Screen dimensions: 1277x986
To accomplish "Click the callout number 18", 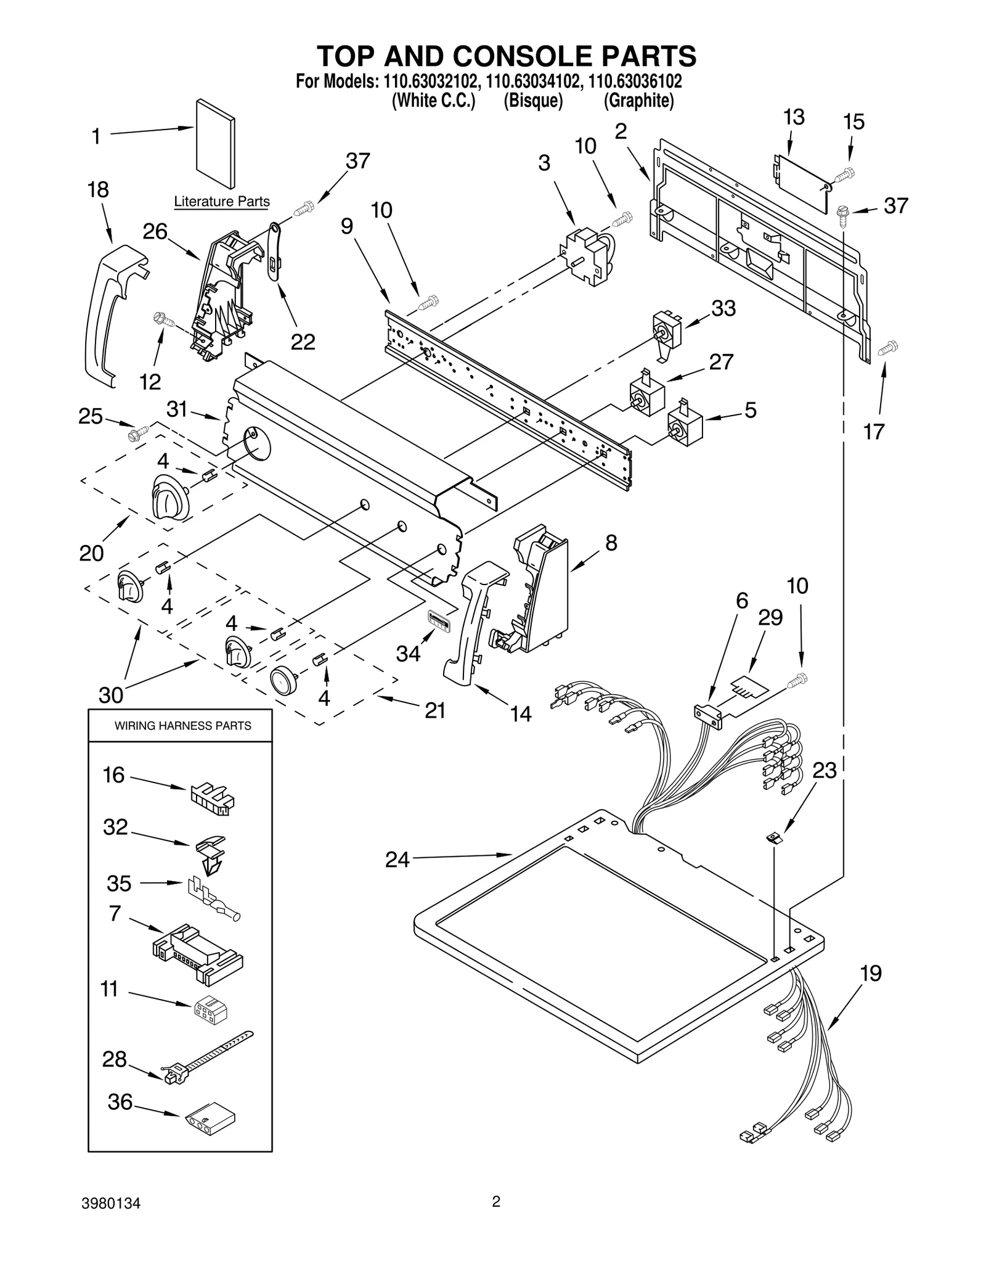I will pos(98,190).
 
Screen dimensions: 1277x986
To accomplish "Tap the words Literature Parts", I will pos(221,202).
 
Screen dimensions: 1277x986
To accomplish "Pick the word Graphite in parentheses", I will pos(638,101).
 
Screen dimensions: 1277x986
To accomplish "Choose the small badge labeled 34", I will pos(438,619).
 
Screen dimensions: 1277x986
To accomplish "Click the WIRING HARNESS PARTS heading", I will pos(182,726).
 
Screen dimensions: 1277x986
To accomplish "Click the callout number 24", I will pos(397,860).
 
